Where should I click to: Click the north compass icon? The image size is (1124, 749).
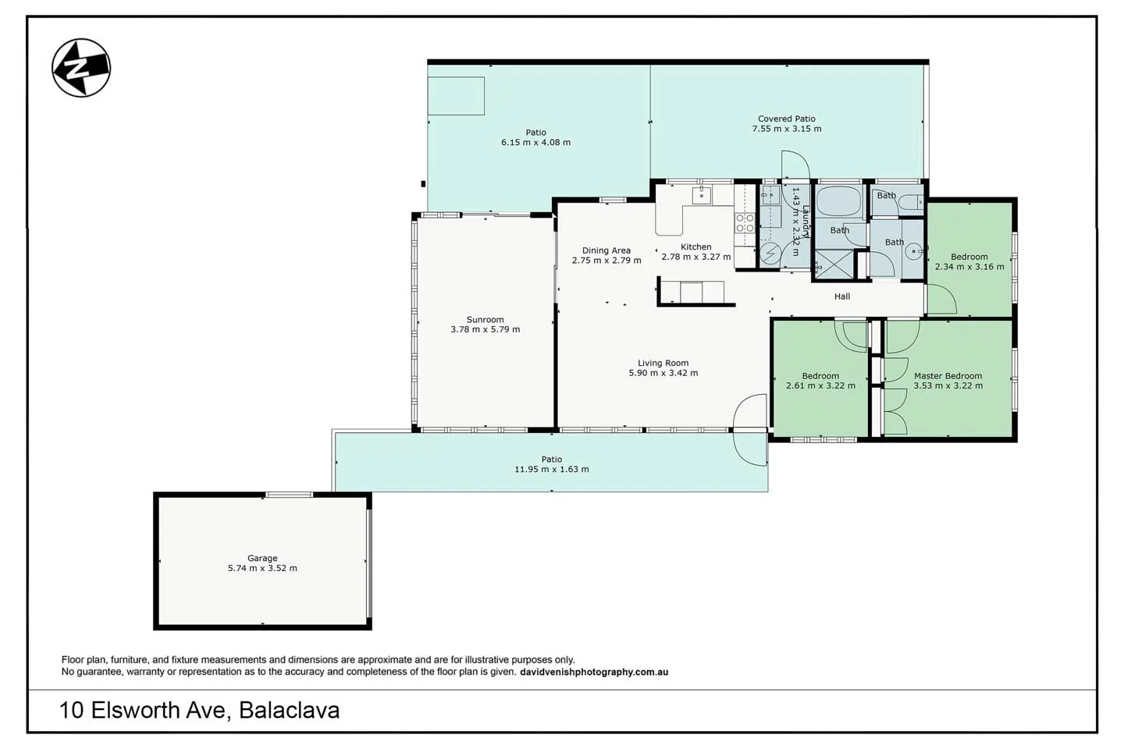tap(81, 68)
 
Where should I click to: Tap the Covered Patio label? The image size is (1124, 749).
tap(786, 119)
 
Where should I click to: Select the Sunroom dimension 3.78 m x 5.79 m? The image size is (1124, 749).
tap(485, 329)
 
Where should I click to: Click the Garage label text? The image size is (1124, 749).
tap(262, 558)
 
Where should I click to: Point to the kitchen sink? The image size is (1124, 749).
tap(701, 195)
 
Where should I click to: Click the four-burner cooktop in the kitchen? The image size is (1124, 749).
tap(745, 224)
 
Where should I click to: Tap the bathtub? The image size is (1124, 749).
tap(838, 202)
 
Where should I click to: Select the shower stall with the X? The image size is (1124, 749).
tap(834, 264)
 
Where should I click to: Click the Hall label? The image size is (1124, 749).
tap(841, 296)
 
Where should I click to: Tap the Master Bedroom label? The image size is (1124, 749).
tap(948, 376)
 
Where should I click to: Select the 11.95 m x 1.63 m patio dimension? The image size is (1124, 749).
tap(551, 470)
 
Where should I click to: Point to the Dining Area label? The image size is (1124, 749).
tap(606, 250)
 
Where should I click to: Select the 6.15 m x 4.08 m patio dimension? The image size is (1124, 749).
tap(535, 143)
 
